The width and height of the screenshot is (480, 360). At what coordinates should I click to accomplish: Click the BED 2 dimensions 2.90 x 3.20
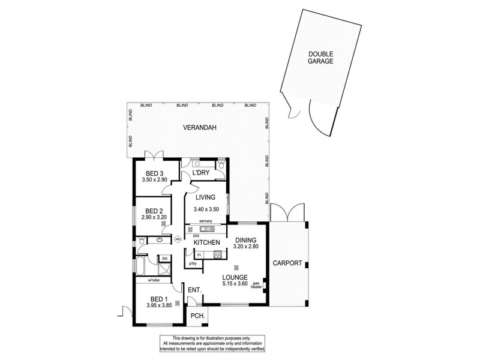point(154,218)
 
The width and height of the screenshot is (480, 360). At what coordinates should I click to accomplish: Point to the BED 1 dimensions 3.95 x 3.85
point(159,305)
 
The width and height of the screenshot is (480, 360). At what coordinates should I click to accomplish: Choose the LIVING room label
point(205,197)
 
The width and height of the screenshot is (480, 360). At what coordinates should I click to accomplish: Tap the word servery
point(206,221)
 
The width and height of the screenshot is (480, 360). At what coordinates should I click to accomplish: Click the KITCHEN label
point(206,242)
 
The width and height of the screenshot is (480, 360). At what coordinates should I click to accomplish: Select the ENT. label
point(194,290)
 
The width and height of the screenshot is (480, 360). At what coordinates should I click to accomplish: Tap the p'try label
point(193,263)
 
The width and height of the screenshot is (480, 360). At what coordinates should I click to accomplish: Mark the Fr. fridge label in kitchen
point(199,254)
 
